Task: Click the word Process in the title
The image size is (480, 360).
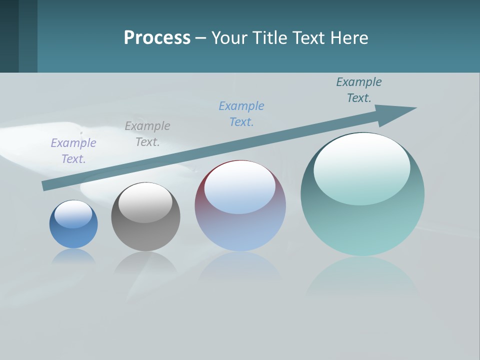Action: (157, 38)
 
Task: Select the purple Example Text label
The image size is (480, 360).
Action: (73, 151)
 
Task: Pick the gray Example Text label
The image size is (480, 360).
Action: (147, 134)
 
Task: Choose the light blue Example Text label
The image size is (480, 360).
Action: (241, 114)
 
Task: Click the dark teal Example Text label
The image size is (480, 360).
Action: (359, 90)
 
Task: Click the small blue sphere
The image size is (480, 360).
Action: (73, 235)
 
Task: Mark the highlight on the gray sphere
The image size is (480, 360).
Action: (145, 202)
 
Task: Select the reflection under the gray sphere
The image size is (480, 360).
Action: (145, 262)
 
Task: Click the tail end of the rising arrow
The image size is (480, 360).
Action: (46, 185)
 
